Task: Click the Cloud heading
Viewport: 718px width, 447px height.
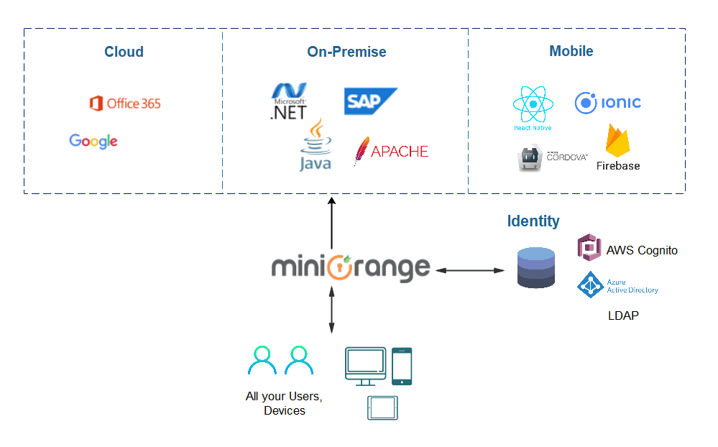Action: point(124,52)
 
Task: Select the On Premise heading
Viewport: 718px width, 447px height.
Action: point(346,52)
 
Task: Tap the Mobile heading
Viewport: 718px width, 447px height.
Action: point(571,52)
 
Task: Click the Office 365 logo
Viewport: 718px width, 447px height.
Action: point(124,103)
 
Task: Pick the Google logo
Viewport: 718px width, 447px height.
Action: point(93,141)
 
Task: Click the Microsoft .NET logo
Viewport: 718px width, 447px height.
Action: point(289,101)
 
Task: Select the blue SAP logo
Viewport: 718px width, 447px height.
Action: point(369,101)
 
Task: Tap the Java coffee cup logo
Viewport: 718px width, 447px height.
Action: point(316,146)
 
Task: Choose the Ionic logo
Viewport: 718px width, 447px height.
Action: point(607,103)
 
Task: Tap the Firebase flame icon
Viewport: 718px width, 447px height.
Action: point(617,142)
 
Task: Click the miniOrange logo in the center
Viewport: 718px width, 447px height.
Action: point(351,267)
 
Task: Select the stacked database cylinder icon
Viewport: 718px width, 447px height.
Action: point(536,268)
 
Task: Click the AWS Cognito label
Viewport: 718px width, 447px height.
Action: point(641,250)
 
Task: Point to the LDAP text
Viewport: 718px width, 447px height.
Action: point(623,315)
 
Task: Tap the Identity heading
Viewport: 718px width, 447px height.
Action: point(533,221)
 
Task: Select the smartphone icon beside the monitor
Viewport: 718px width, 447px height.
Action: point(402,366)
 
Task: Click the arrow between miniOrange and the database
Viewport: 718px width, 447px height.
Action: point(470,270)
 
